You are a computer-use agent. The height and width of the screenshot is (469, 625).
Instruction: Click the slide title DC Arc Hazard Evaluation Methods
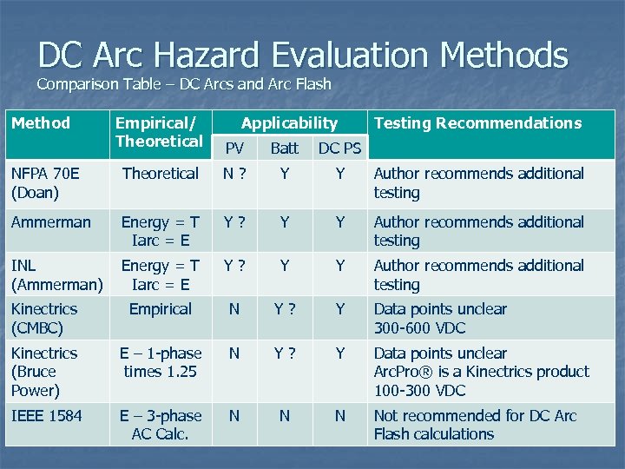(303, 55)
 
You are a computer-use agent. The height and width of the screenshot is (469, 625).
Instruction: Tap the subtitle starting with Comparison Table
(184, 85)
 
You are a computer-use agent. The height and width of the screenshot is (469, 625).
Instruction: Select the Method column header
(40, 122)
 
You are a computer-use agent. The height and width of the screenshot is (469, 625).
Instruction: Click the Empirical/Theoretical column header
(159, 131)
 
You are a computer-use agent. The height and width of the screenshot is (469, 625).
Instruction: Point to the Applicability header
(289, 122)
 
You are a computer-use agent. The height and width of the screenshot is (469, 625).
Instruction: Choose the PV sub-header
(234, 148)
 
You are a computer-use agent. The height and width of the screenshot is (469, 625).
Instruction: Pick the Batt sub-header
(284, 148)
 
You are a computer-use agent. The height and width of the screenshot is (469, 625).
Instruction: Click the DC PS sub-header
(339, 148)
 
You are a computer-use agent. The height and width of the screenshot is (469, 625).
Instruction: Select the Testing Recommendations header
(477, 122)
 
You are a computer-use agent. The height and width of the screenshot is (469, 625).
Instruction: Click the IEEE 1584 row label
(47, 415)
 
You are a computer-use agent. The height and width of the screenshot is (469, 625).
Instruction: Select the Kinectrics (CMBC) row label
(44, 318)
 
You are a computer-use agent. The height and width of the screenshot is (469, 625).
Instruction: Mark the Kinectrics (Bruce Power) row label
(44, 372)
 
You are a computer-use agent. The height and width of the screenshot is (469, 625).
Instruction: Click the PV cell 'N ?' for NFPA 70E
(234, 174)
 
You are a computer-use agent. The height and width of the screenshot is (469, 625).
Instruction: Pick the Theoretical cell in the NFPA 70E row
(161, 174)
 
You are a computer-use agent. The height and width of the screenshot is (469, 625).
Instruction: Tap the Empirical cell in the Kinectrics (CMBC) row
(161, 308)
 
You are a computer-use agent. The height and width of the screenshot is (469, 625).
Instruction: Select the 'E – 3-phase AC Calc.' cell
(161, 425)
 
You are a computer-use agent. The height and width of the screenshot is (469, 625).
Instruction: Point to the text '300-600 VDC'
(419, 327)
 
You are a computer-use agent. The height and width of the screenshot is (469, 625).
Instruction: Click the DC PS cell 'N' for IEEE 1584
(339, 416)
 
